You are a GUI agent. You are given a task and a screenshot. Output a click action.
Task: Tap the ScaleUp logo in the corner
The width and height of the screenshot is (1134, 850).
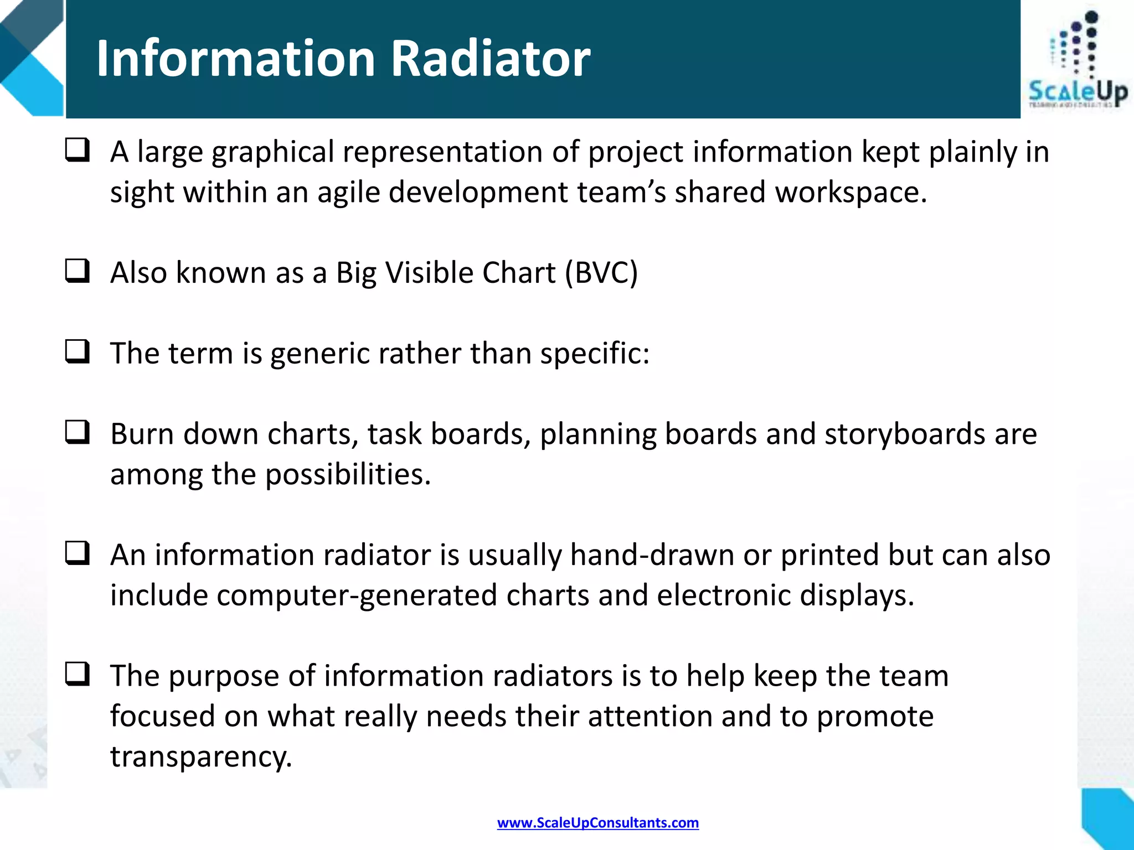click(1077, 61)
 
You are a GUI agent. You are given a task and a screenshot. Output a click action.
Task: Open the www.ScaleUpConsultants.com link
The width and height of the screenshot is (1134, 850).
click(597, 823)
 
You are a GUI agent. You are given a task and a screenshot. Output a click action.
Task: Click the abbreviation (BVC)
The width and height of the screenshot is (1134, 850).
click(601, 273)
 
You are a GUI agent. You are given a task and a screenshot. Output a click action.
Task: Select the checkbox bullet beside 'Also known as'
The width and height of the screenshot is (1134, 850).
click(77, 271)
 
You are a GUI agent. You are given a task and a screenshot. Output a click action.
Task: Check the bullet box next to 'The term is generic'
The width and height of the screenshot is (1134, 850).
click(77, 351)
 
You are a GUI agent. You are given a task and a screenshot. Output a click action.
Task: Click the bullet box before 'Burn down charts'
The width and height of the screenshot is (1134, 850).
click(77, 432)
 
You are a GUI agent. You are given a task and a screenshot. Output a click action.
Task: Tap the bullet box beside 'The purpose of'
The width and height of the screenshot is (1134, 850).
click(77, 674)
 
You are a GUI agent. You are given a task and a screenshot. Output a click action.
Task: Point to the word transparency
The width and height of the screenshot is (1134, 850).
click(200, 756)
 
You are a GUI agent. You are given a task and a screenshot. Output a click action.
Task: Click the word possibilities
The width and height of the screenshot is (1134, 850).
click(348, 475)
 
